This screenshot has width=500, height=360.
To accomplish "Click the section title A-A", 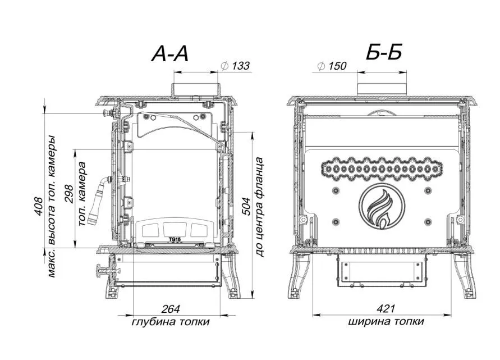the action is coord(170,53).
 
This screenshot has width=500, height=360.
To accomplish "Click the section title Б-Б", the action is coord(384,53).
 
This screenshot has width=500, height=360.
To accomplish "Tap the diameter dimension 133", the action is coord(235,66).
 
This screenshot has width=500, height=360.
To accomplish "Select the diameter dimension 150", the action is coord(332,66).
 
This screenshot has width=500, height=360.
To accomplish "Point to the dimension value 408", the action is coord(39,207).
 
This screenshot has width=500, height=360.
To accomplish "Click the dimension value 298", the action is coord(69,194).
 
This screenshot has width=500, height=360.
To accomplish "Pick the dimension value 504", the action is coord(246,207).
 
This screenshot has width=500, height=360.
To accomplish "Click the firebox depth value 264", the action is coord(171,309).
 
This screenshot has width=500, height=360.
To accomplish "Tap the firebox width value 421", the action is coord(386,309).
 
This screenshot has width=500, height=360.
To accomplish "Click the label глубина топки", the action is coord(171,321).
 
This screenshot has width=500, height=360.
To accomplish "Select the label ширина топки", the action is coord(386,321).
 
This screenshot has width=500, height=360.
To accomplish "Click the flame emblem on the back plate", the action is coord(382,207).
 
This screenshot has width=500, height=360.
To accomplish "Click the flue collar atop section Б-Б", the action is coord(382,89).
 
